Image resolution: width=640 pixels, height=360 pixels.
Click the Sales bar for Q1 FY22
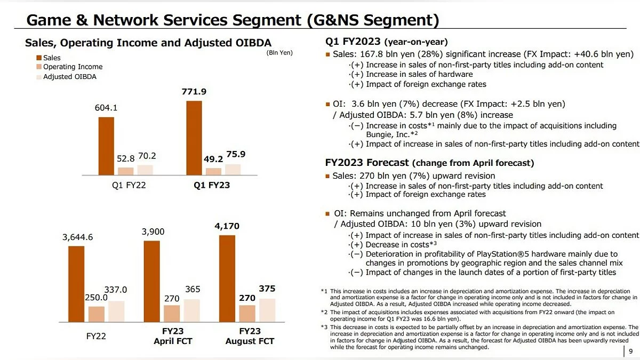coord(106,146)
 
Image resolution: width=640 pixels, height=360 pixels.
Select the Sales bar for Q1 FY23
coord(194,138)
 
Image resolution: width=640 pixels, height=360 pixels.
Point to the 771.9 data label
coord(194,92)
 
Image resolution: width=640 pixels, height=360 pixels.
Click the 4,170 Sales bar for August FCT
coord(227,278)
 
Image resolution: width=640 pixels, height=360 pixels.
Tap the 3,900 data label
coord(153,231)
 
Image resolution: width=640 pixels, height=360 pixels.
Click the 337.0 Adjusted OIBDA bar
coord(116,311)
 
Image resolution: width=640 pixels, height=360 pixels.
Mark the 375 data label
coord(267,289)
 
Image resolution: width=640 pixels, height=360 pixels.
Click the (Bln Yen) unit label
coord(279,52)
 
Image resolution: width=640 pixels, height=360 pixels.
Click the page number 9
coord(631,351)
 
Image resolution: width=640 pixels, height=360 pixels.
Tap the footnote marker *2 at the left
coord(324,312)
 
